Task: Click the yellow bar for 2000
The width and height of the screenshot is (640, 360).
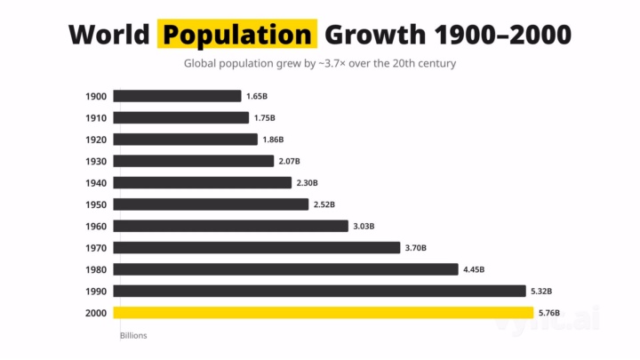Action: [x=323, y=313]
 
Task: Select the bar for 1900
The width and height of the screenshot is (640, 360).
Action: [x=177, y=96]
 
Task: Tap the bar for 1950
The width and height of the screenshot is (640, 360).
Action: [x=211, y=204]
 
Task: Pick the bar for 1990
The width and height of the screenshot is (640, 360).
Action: [x=319, y=291]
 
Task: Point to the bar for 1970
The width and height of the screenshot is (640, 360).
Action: [x=256, y=248]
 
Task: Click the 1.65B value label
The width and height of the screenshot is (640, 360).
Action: [x=259, y=96]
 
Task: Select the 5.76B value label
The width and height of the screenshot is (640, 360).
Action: [x=551, y=313]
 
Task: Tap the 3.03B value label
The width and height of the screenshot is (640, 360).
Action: [x=365, y=226]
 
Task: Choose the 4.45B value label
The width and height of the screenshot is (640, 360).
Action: [x=475, y=269]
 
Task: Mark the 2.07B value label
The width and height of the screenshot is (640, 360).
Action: [x=291, y=161]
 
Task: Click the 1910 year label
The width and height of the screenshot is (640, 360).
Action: [x=96, y=118]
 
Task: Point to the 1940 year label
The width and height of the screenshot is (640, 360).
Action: [x=96, y=183]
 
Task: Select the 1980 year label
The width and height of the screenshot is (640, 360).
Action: [x=96, y=269]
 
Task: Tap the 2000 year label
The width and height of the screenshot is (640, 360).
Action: [x=96, y=313]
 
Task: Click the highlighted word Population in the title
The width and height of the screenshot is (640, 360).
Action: [x=237, y=35]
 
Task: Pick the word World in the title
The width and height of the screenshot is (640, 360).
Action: [x=108, y=35]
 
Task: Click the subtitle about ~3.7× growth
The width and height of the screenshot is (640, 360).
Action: [x=319, y=64]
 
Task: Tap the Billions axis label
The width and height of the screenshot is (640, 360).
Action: [x=133, y=336]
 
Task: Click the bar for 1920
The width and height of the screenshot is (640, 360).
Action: [x=185, y=140]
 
